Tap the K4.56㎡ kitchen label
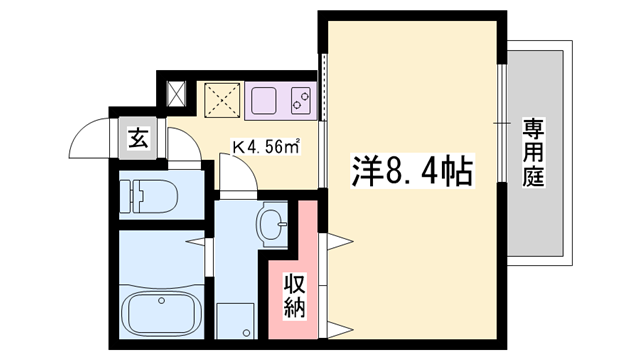coord(268,147)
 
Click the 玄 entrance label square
coord(137,140)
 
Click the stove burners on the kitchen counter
coord(300,99)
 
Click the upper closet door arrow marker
coord(336,240)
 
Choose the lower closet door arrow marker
coord(336,329)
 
